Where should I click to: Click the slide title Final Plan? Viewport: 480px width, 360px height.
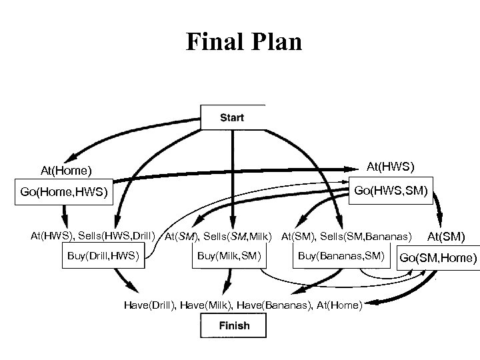pos(244,41)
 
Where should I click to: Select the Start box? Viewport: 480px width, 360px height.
pos(232,117)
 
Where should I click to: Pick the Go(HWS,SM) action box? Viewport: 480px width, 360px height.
pos(392,191)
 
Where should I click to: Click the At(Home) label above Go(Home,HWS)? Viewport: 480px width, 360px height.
pos(66,171)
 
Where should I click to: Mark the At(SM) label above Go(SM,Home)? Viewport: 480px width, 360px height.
pos(446,236)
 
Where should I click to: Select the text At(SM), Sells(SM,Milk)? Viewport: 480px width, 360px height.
pos(219,236)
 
